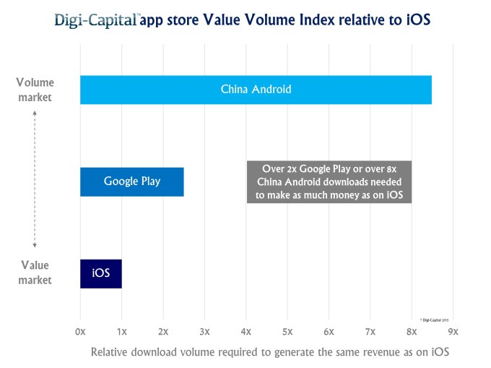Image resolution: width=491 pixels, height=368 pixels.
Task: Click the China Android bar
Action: (x=256, y=90)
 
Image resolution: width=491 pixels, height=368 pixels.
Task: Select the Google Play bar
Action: (x=131, y=181)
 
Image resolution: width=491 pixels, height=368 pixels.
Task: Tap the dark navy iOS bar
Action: (x=100, y=273)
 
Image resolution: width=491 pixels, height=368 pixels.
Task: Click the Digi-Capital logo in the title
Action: (x=96, y=20)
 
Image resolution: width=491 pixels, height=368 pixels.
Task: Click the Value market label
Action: (x=35, y=273)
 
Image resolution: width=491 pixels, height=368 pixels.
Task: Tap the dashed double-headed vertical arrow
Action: (x=35, y=181)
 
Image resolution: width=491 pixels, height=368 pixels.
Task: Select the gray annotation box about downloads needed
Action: (x=329, y=181)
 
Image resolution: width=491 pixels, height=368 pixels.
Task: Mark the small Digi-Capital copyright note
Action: (x=434, y=318)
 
